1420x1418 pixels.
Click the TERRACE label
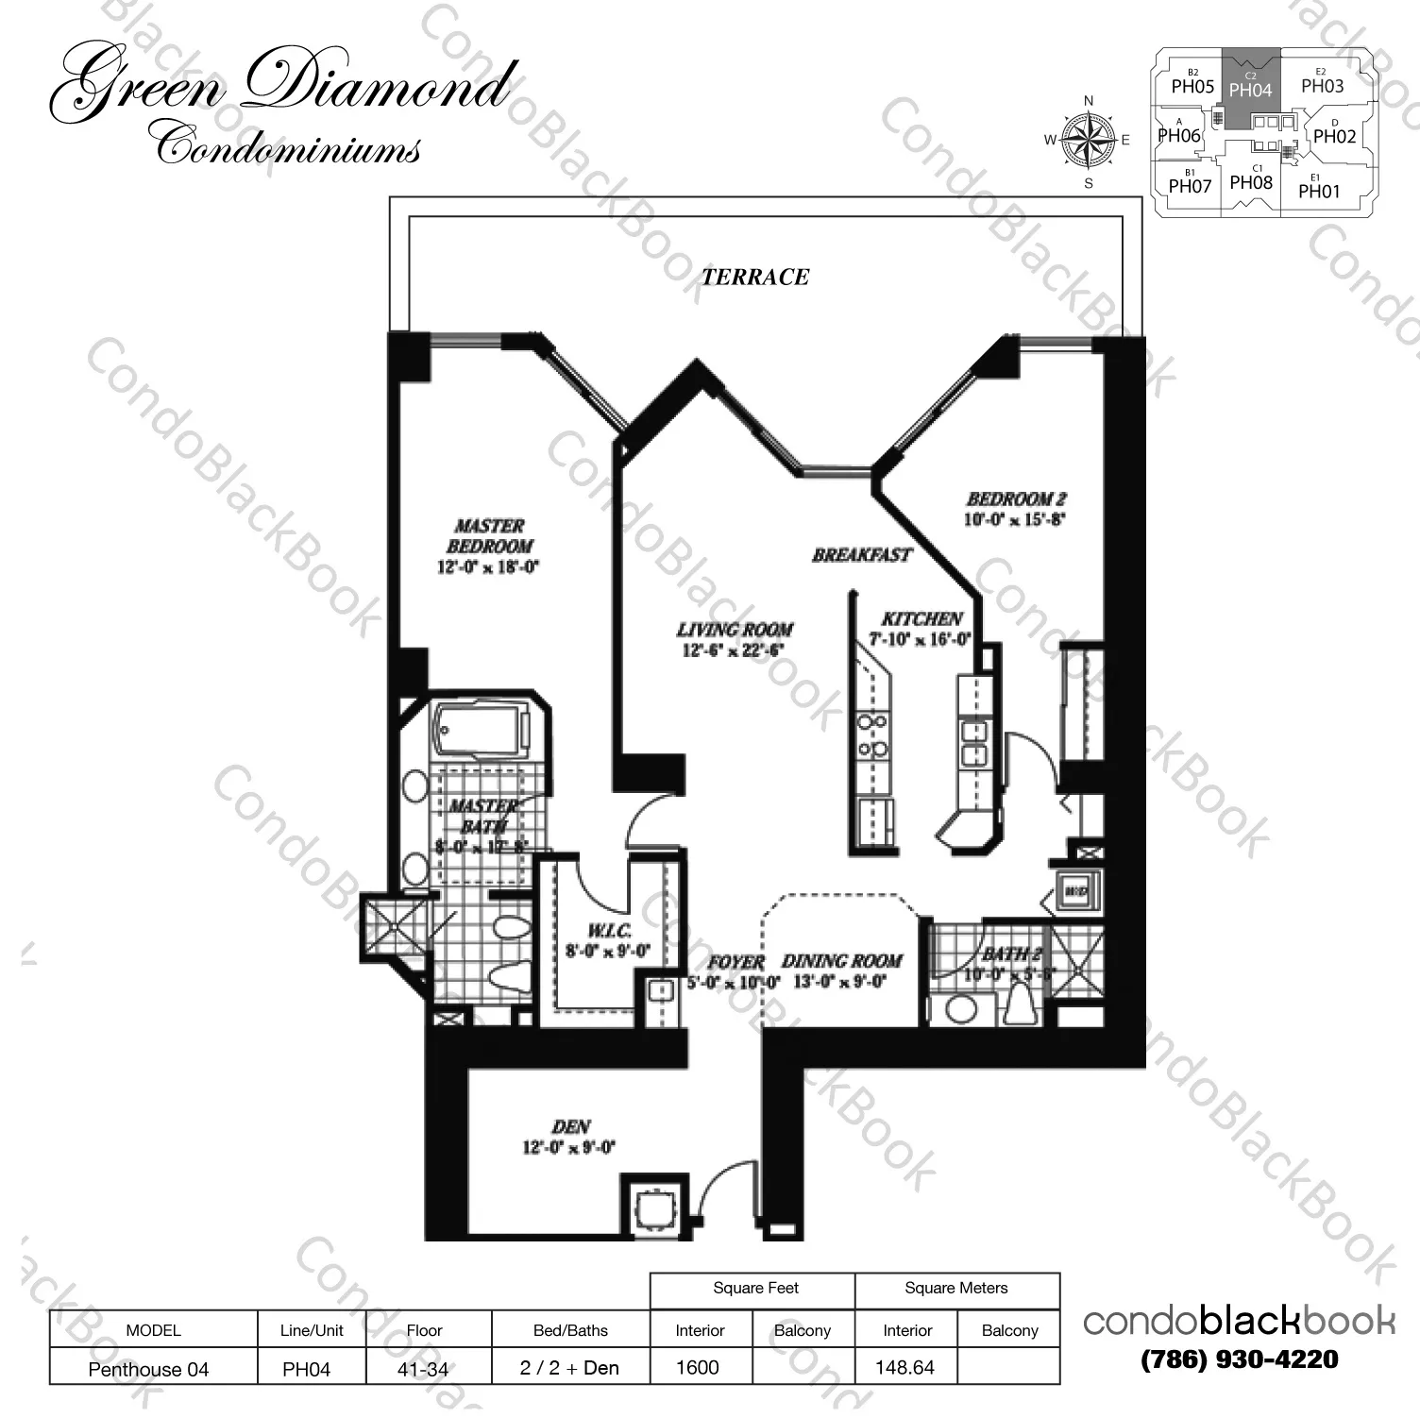tap(754, 277)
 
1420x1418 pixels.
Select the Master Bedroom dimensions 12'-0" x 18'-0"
tap(488, 567)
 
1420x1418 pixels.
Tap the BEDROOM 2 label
tap(1015, 498)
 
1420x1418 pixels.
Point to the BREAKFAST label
tap(861, 555)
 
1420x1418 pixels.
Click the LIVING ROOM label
tap(734, 629)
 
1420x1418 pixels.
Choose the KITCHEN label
tap(921, 618)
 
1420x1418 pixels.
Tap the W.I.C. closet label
tap(608, 931)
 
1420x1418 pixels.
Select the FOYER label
tap(735, 962)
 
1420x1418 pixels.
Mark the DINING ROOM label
tap(841, 961)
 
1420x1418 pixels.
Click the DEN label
tap(570, 1126)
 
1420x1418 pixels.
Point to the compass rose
tap(1089, 141)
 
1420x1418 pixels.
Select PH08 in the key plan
tap(1251, 182)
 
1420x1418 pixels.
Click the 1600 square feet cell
tap(698, 1367)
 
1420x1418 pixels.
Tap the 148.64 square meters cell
tap(904, 1367)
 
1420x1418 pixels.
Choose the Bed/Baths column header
tap(570, 1330)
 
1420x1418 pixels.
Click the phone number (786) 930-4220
tap(1239, 1359)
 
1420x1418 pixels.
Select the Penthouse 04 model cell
tap(148, 1369)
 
